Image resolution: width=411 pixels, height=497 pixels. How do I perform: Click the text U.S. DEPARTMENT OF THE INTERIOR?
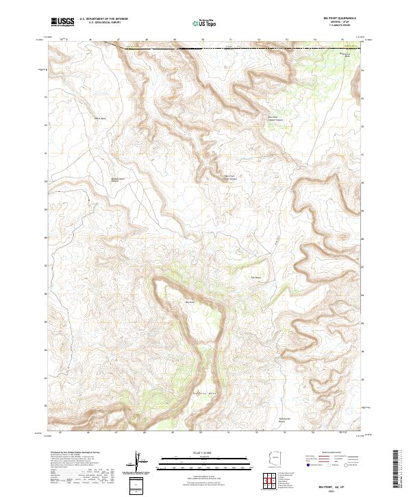click(103, 19)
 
